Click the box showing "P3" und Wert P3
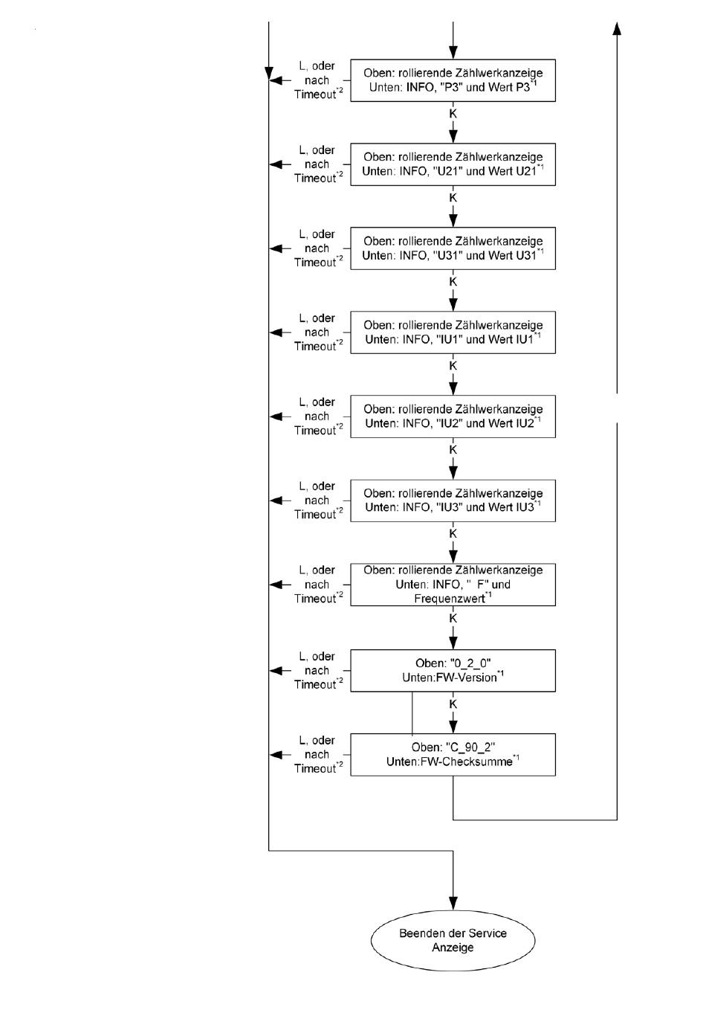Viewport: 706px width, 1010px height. (453, 80)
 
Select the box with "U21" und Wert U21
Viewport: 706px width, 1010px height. (453, 164)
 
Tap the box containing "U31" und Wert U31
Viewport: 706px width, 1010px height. (453, 248)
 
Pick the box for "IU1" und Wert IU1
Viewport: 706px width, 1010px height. (453, 332)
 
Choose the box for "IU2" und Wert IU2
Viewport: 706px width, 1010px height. (453, 416)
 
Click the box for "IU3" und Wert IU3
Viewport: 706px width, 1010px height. (453, 501)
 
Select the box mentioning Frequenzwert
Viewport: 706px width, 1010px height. (453, 585)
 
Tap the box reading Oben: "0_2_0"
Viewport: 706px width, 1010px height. (453, 670)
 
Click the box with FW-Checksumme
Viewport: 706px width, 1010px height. (453, 755)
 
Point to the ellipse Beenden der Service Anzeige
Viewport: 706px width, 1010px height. (453, 940)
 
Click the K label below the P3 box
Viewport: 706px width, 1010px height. (453, 114)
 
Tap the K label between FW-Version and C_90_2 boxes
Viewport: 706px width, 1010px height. (453, 704)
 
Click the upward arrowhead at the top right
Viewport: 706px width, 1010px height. (617, 28)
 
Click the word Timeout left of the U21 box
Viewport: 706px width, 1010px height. (315, 178)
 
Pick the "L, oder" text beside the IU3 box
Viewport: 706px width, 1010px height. (317, 486)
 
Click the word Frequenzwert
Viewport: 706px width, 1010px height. (450, 599)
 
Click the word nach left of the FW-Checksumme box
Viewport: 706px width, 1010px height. (317, 754)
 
